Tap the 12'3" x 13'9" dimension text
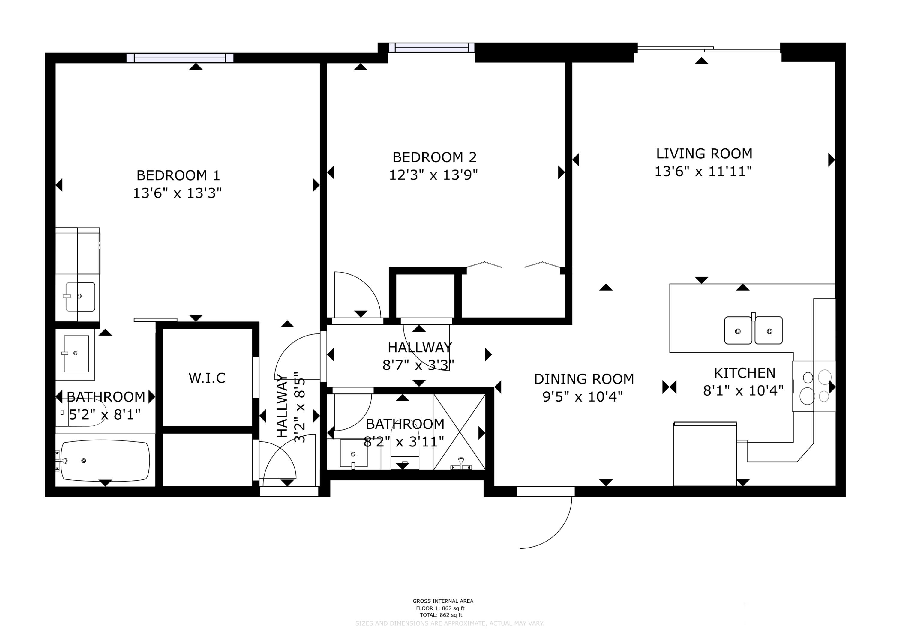pyautogui.click(x=433, y=175)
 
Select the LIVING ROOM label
pyautogui.click(x=704, y=154)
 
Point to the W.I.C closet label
pyautogui.click(x=207, y=378)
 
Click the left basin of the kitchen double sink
pyautogui.click(x=738, y=331)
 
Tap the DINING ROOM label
pyautogui.click(x=584, y=379)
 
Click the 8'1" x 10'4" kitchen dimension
pyautogui.click(x=743, y=391)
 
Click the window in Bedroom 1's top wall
pyautogui.click(x=180, y=58)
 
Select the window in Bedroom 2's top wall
pyautogui.click(x=432, y=48)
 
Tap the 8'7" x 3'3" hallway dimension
pyautogui.click(x=418, y=365)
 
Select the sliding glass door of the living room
pyautogui.click(x=709, y=49)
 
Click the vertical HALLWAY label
pyautogui.click(x=282, y=406)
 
